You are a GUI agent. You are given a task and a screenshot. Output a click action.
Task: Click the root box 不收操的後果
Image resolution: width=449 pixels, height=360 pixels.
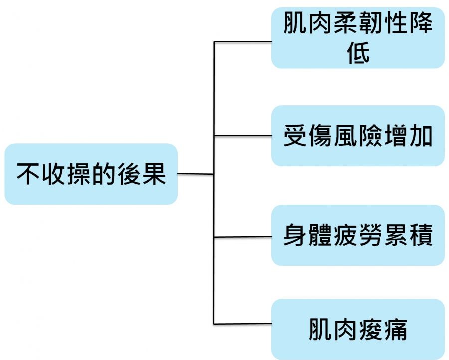pyautogui.click(x=91, y=174)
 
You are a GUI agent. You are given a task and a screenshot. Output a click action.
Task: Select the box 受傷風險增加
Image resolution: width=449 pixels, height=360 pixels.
pyautogui.click(x=358, y=136)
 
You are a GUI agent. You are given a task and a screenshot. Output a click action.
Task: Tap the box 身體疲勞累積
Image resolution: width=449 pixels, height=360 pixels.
pyautogui.click(x=358, y=235)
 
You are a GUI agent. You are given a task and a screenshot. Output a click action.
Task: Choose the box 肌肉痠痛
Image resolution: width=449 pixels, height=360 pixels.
pyautogui.click(x=358, y=329)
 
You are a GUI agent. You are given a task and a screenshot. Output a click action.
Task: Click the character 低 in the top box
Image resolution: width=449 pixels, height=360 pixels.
pyautogui.click(x=358, y=52)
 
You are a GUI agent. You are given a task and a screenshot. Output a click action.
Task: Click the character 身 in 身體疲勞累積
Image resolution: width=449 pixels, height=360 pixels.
pyautogui.click(x=296, y=236)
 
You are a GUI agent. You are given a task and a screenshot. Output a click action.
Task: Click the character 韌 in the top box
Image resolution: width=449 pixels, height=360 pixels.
pyautogui.click(x=370, y=23)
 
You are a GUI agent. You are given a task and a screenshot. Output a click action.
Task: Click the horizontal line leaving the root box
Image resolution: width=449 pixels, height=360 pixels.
pyautogui.click(x=196, y=174)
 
